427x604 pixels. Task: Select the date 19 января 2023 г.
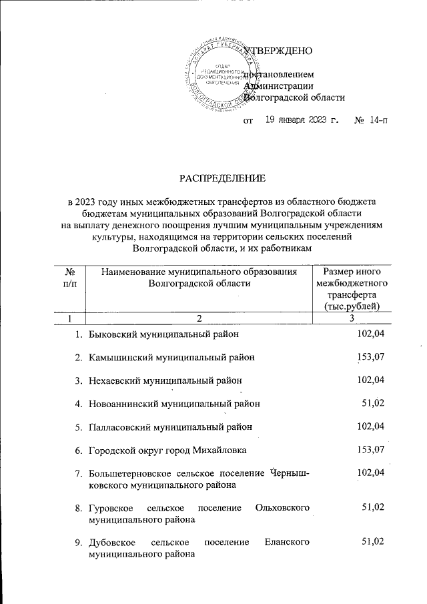pos(302,120)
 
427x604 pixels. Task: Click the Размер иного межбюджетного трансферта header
pos(351,288)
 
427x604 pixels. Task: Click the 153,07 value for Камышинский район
pos(372,356)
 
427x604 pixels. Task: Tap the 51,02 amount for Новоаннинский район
pos(374,403)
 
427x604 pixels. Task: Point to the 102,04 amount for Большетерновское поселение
pos(372,473)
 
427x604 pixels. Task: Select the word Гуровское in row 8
pos(112,508)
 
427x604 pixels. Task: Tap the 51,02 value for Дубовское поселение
pos(374,542)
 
